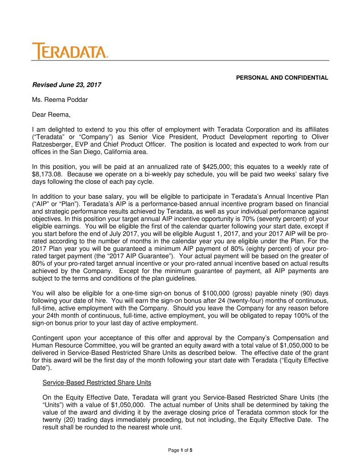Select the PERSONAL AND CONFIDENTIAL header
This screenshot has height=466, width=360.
[282, 78]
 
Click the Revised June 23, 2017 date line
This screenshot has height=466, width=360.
[66, 85]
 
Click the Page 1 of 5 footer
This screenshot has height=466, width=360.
[180, 450]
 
